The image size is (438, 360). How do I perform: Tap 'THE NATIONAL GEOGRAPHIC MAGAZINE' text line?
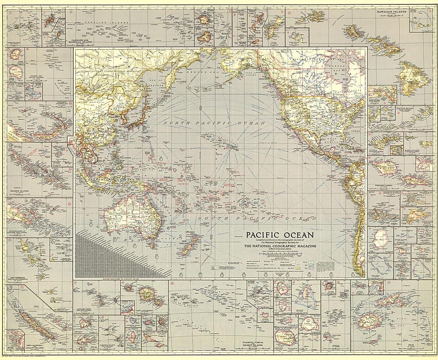[280, 246]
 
